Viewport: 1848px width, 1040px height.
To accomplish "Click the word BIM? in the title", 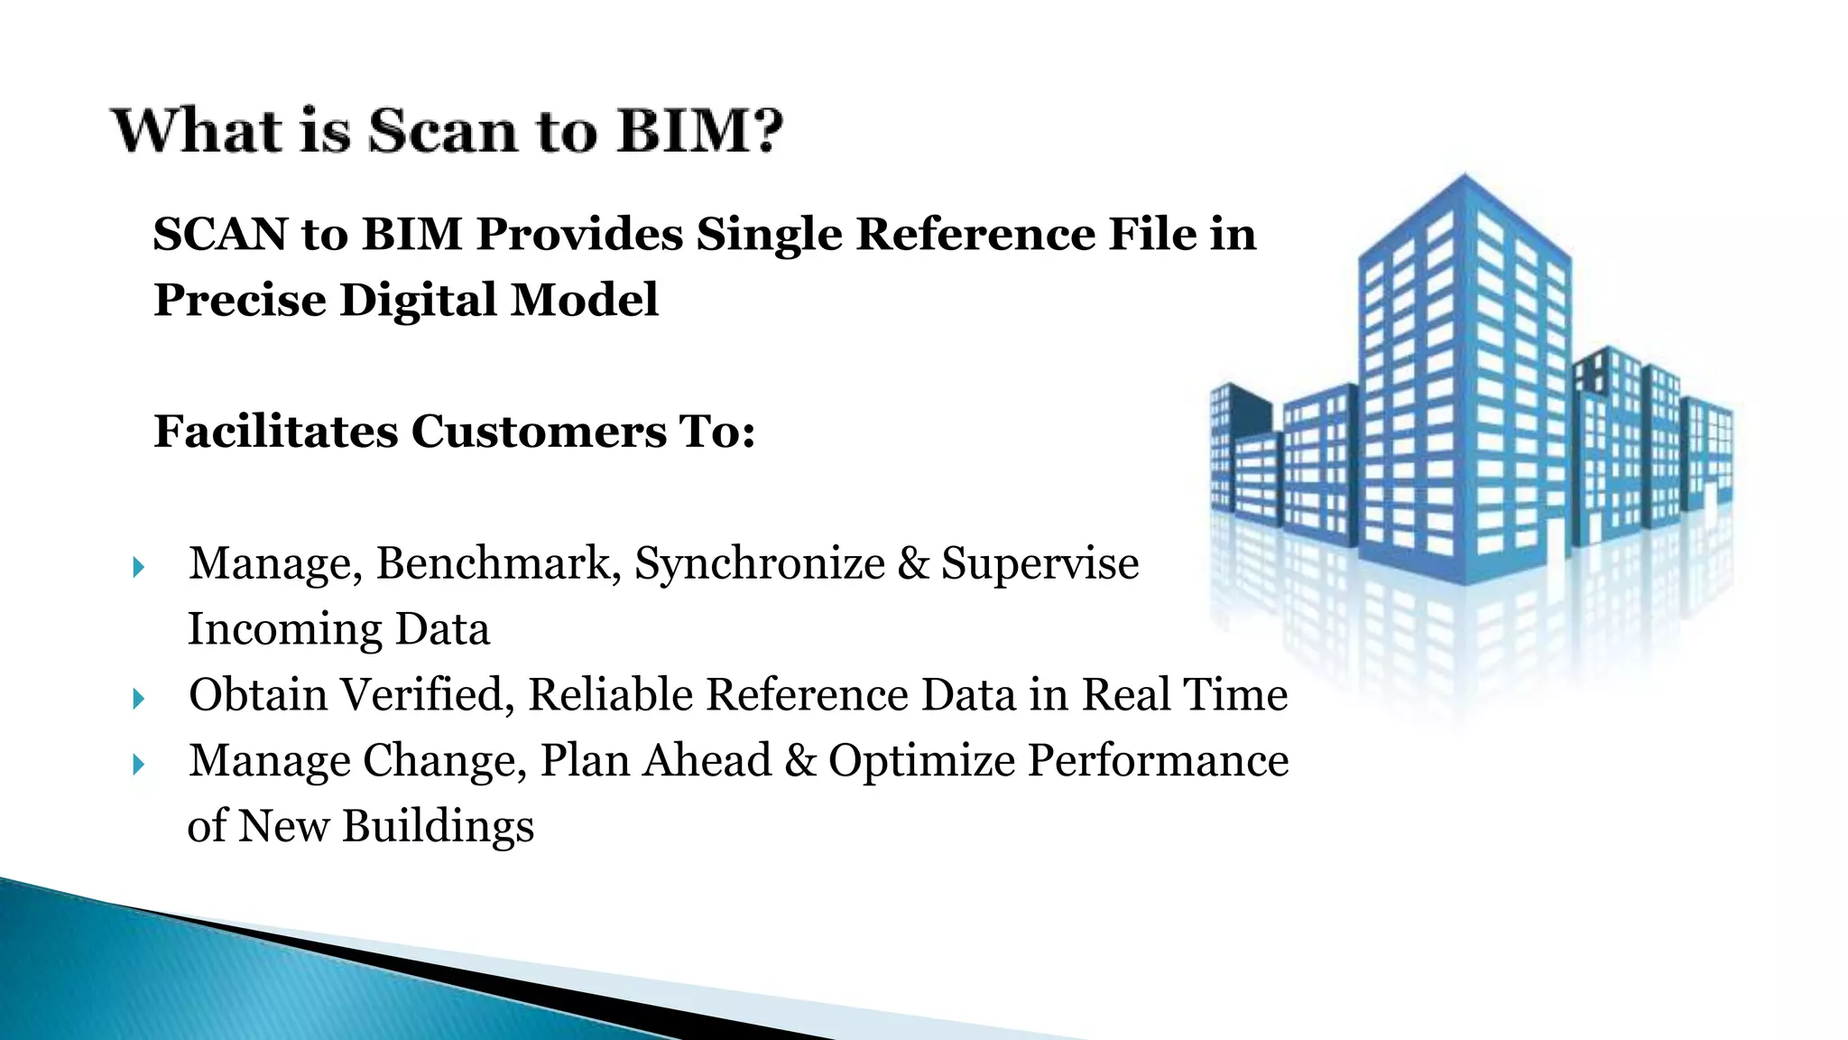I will tap(699, 131).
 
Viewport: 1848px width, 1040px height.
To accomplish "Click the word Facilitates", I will tap(275, 431).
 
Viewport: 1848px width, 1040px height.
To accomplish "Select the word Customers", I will tap(539, 431).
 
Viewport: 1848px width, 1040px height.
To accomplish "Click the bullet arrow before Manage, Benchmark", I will tap(138, 568).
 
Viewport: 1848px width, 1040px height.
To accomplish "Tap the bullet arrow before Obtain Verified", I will tap(138, 699).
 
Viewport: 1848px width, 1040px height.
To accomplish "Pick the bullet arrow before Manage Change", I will tap(138, 765).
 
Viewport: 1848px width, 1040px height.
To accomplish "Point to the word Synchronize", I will tap(760, 564).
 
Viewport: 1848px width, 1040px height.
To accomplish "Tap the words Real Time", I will tap(1184, 695).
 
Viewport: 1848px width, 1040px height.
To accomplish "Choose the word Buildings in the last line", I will tap(438, 826).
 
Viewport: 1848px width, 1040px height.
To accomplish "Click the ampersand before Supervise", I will tap(913, 564).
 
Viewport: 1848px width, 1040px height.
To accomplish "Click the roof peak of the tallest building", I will tap(1464, 177).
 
